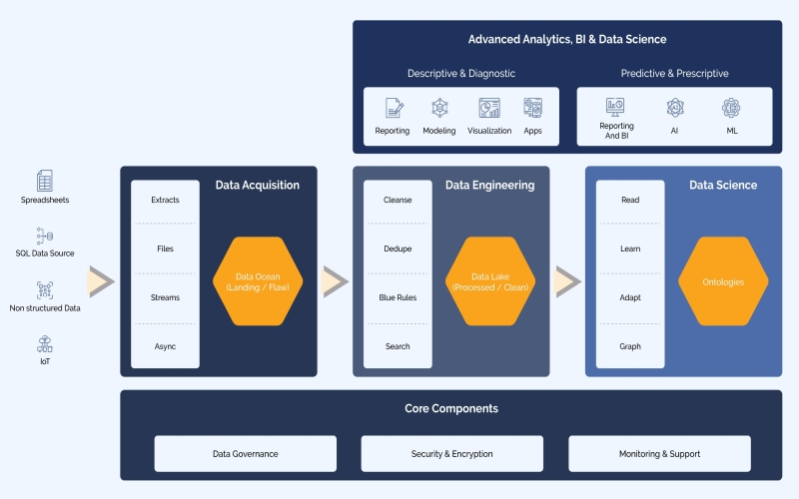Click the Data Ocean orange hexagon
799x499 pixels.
(x=258, y=281)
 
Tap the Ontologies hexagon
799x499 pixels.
(x=723, y=281)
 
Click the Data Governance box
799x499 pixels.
(x=245, y=453)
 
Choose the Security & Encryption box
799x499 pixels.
(x=451, y=453)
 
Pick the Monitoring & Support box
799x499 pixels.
(x=659, y=453)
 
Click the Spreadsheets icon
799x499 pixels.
(x=45, y=181)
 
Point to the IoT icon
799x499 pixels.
(x=45, y=344)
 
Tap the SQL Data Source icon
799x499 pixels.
(x=45, y=236)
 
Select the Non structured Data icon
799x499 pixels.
(x=45, y=290)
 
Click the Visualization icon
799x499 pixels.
(x=489, y=108)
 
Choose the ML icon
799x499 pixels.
(x=731, y=108)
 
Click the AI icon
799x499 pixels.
(x=675, y=108)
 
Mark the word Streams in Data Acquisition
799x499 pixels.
(x=165, y=297)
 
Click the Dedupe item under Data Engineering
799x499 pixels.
(x=398, y=249)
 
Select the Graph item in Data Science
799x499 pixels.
(x=630, y=346)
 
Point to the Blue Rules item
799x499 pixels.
(x=398, y=297)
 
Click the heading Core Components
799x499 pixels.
(x=451, y=408)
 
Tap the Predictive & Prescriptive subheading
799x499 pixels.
(x=674, y=73)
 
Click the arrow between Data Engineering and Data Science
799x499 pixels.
(x=567, y=282)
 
